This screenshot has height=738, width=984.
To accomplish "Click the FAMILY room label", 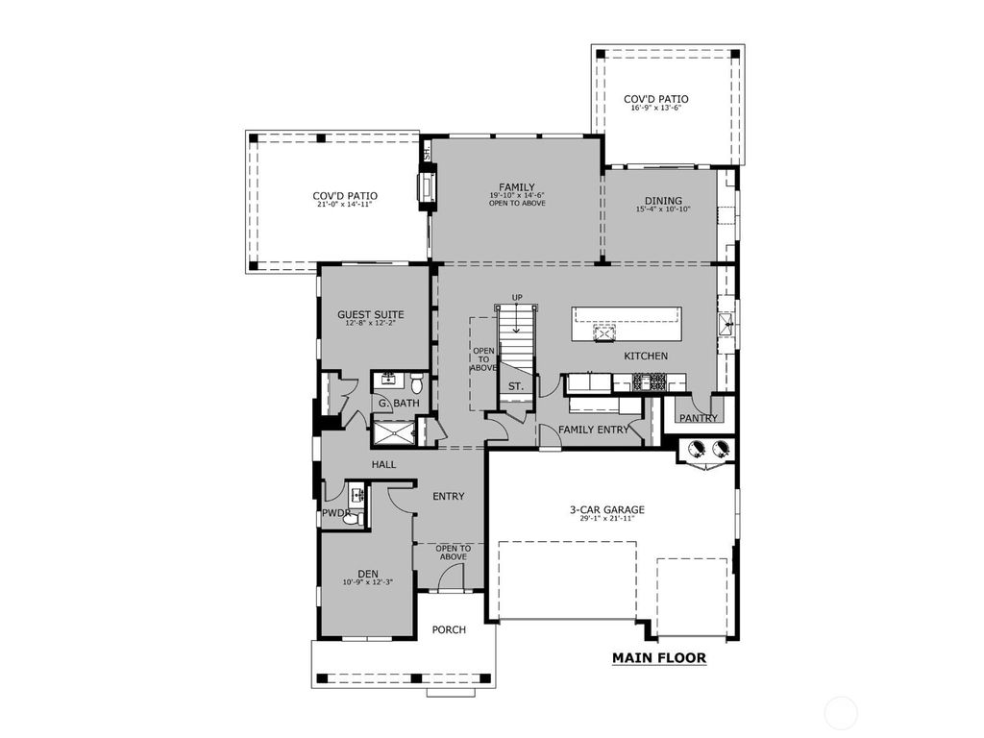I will click(x=516, y=186).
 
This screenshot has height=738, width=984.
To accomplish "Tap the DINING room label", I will click(x=663, y=201).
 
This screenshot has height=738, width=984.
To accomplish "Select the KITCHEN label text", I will click(x=646, y=357).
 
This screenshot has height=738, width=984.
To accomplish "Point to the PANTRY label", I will click(x=698, y=418).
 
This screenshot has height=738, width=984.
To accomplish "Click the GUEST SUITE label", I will click(x=370, y=315).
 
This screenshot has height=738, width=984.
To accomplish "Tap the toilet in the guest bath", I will click(x=411, y=378).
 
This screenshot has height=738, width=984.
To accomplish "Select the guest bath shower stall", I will click(x=393, y=433).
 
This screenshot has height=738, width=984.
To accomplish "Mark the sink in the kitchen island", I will click(x=605, y=333).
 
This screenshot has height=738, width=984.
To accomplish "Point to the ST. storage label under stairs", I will click(x=516, y=386).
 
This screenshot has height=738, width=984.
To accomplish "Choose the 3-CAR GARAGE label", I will click(x=604, y=510).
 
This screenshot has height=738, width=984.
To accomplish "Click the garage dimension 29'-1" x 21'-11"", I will click(x=604, y=520).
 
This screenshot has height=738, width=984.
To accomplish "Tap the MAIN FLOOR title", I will click(x=659, y=658).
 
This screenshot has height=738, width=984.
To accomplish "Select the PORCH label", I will click(x=449, y=630).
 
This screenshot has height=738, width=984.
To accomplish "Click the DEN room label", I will click(x=367, y=573).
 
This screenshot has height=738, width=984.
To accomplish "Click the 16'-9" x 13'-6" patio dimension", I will click(x=655, y=109).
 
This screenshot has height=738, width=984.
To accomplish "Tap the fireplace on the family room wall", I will click(x=425, y=186).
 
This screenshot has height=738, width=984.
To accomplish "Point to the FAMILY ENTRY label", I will click(x=594, y=430).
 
